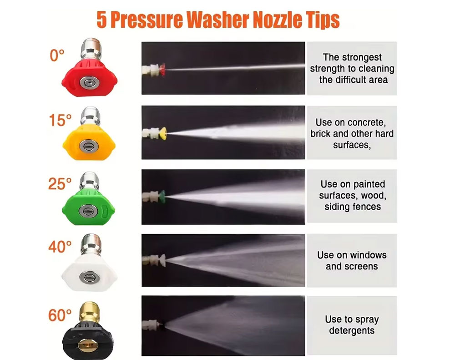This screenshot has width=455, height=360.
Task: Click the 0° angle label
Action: (57, 55)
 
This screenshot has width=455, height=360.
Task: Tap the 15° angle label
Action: (60, 120)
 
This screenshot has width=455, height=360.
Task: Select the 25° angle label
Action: (60, 184)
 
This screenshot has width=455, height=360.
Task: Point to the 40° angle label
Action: (60, 247)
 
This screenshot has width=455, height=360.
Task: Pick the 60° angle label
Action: (60, 315)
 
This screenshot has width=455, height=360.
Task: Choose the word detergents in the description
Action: (352, 331)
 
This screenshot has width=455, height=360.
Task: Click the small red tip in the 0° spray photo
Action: (163, 70)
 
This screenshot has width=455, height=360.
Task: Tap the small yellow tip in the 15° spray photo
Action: (164, 133)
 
